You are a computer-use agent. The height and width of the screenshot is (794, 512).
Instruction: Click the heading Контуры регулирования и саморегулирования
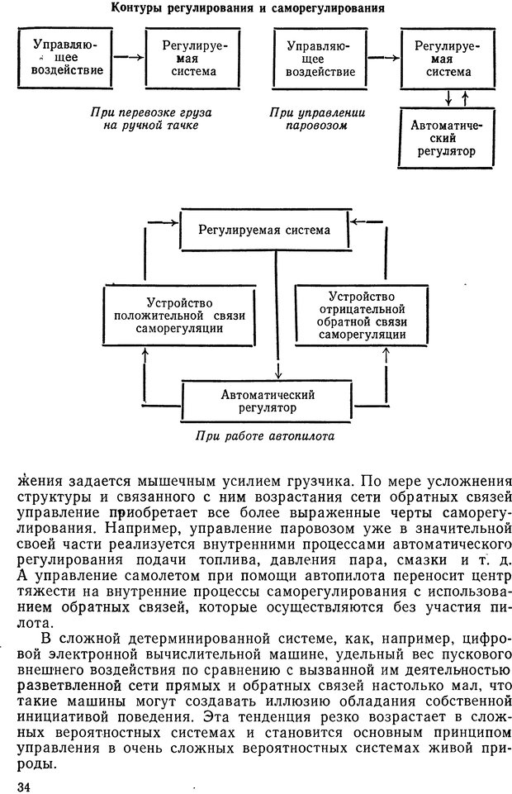coord(247,9)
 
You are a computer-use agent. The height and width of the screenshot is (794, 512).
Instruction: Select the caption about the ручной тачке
coord(145,119)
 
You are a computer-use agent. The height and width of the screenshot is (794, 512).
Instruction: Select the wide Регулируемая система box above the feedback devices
coord(263,230)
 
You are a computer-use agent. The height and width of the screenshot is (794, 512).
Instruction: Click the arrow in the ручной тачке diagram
coord(126,58)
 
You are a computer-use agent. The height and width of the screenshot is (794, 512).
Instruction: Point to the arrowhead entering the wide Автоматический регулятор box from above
coord(278,376)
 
